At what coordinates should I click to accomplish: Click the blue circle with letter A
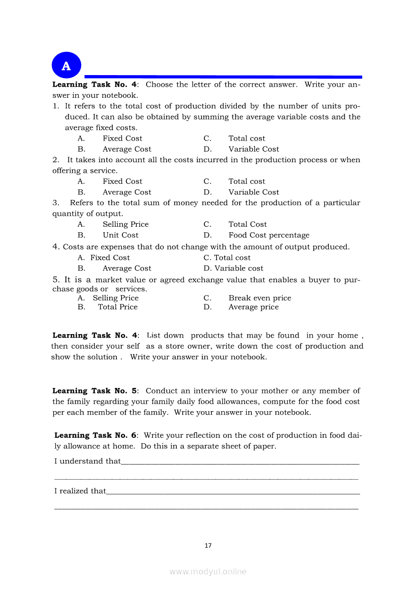[x=66, y=66]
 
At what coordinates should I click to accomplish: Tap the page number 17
[x=208, y=545]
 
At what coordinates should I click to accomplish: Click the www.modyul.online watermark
[x=208, y=571]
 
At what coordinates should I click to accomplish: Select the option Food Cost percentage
[x=269, y=235]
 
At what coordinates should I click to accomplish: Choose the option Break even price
[x=260, y=298]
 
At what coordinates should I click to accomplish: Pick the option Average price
[x=253, y=307]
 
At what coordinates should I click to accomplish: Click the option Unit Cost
[x=120, y=235]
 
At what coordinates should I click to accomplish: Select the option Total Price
[x=117, y=307]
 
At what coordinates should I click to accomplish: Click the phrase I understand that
[x=87, y=461]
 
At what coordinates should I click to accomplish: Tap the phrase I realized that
[x=80, y=491]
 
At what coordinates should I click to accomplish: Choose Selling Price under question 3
[x=125, y=224]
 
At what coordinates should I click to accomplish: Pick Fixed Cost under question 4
[x=110, y=257]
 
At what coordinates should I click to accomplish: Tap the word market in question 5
[x=108, y=280]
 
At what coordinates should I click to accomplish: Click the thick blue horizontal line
[x=222, y=77]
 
